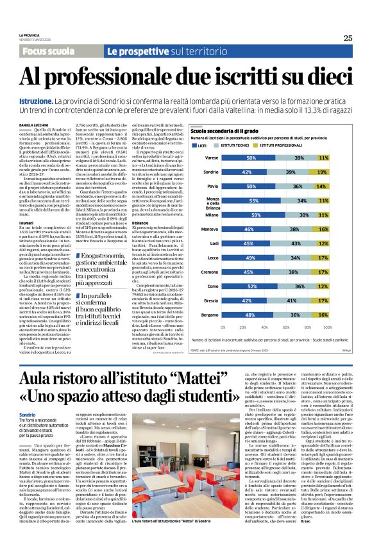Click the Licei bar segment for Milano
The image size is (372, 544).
tap(255, 215)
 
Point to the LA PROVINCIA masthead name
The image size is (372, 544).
tap(30, 35)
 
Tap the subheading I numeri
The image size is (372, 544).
tap(26, 224)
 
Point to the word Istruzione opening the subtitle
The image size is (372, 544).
tap(35, 101)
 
